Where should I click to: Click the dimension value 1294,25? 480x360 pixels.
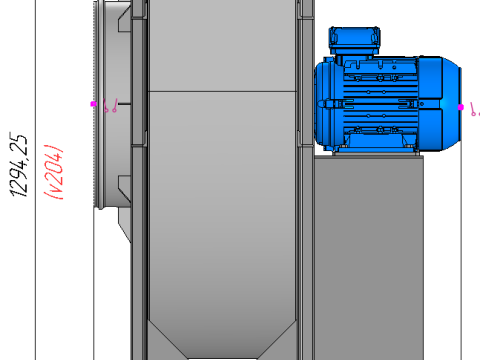pos(21,169)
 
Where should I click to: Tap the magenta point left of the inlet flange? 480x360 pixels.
pos(93,103)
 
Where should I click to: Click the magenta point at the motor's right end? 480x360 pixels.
pos(461,106)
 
